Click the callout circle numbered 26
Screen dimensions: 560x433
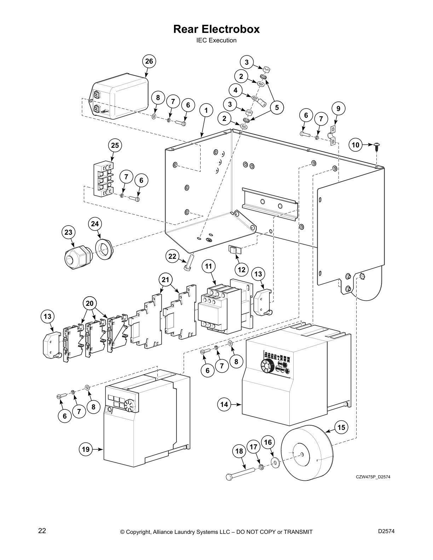coord(149,61)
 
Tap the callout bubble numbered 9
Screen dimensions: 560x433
coord(338,109)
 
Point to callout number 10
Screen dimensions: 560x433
coord(356,145)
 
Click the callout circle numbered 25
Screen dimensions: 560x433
coord(115,145)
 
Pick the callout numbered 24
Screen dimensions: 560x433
coord(94,224)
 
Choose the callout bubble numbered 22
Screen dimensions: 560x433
coord(172,256)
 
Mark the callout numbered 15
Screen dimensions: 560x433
coord(341,427)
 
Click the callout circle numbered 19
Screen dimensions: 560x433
coord(86,449)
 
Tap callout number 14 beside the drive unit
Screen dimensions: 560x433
coord(224,404)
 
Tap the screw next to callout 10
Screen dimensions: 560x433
coord(377,146)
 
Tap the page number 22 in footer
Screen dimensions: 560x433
coord(42,531)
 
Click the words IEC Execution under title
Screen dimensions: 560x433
coord(216,40)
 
